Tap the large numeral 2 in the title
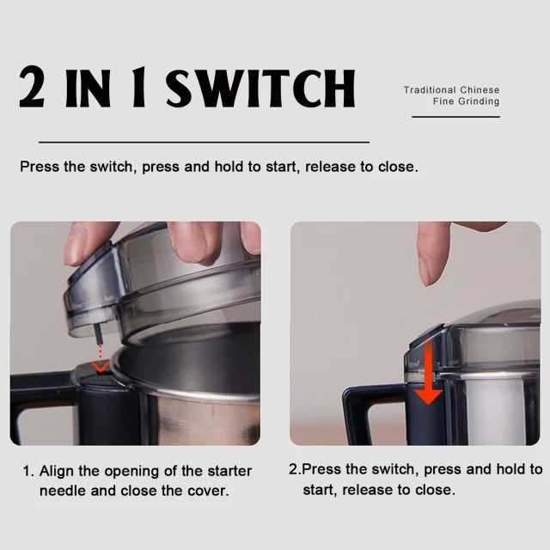pos(33,89)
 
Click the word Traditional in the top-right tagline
pos(430,89)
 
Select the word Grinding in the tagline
pos(478,101)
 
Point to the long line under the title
pos(204,142)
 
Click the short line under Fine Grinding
pos(455,116)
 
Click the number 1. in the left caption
pos(27,471)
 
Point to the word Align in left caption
pos(55,471)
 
